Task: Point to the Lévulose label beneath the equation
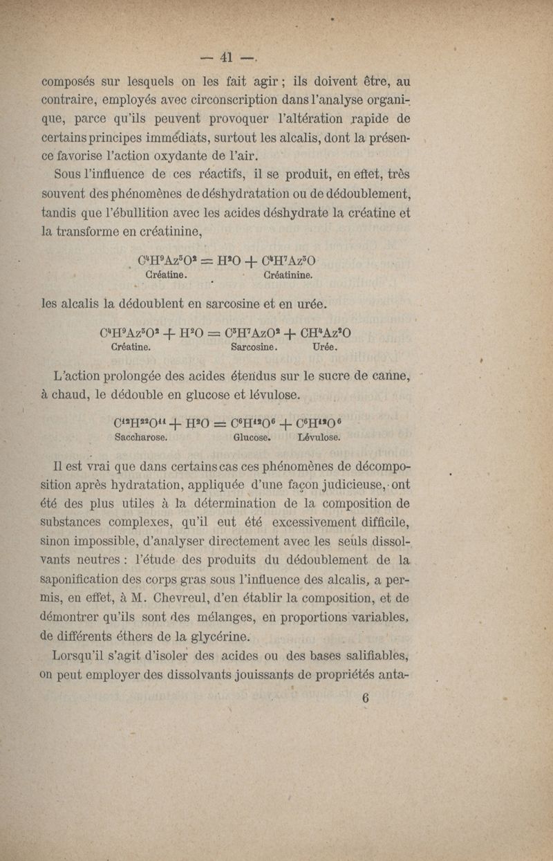319,438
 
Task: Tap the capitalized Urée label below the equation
325,347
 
